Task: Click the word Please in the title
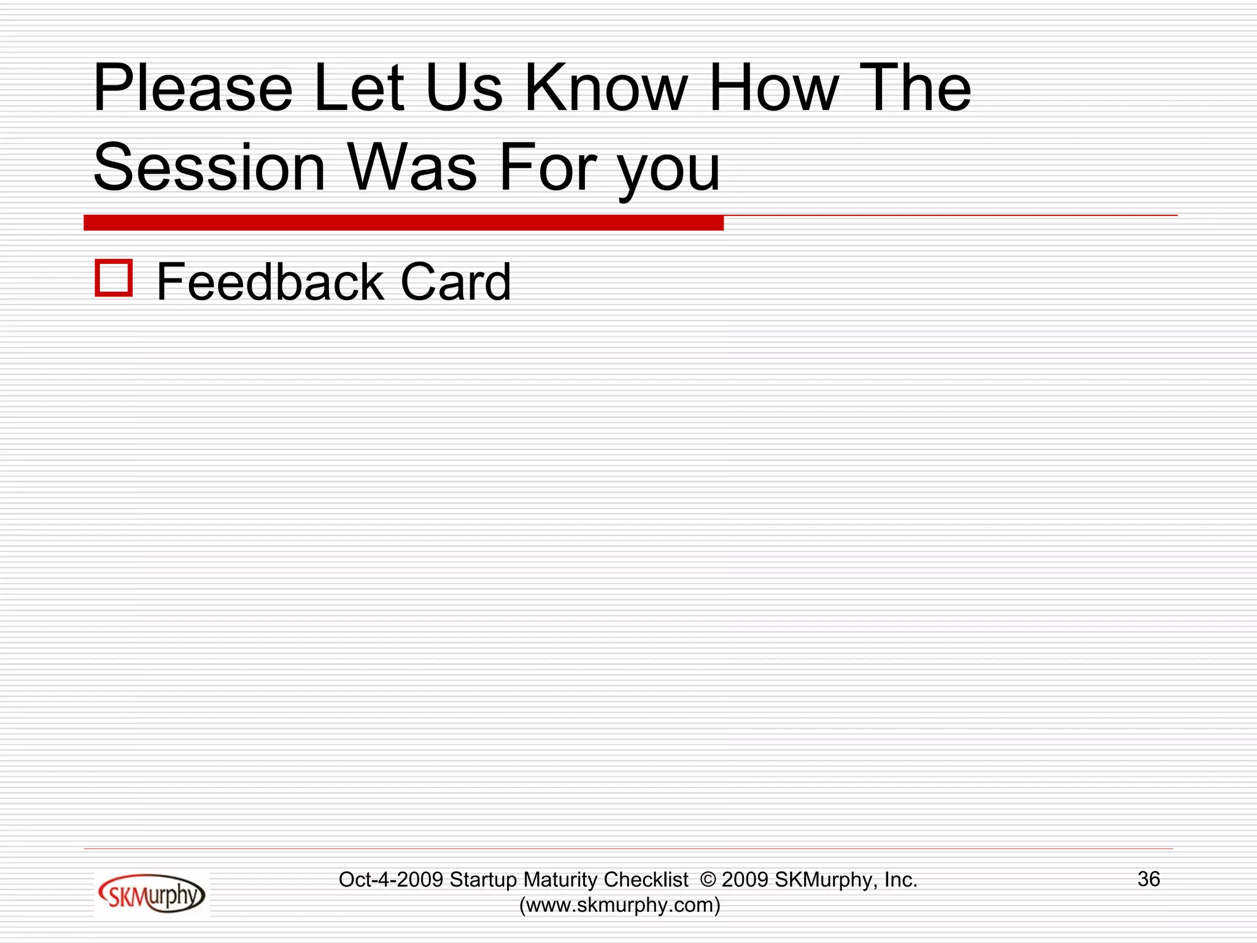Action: [x=193, y=89]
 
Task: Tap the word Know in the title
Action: [x=605, y=89]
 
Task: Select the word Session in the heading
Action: [x=209, y=168]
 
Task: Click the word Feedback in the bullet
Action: [x=271, y=282]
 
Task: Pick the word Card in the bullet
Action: [x=455, y=282]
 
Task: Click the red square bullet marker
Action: [x=114, y=278]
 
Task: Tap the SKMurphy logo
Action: [x=152, y=894]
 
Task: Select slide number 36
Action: [x=1148, y=879]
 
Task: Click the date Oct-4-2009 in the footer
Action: [x=390, y=880]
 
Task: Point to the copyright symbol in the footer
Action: [x=708, y=880]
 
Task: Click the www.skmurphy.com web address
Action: [x=620, y=905]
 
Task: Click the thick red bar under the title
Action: [x=403, y=223]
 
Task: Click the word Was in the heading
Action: [x=412, y=168]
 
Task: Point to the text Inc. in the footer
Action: [x=900, y=880]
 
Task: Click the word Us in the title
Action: [x=463, y=89]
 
